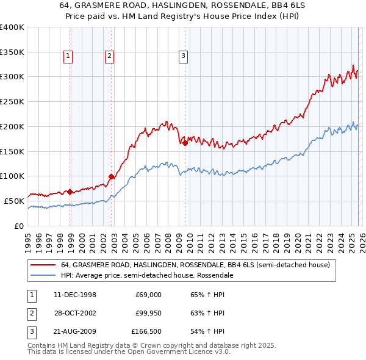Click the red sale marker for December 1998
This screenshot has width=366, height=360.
[70, 192]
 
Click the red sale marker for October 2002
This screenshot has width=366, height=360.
[112, 176]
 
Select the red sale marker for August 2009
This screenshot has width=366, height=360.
[185, 143]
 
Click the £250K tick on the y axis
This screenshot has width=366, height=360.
[12, 102]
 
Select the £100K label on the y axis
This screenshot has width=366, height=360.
[12, 176]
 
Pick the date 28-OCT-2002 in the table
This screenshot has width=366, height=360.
[75, 313]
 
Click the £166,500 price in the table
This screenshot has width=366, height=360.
[146, 332]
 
